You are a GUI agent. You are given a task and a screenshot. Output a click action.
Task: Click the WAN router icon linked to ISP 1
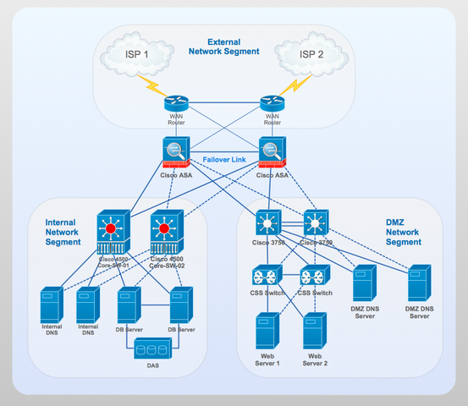[176, 104]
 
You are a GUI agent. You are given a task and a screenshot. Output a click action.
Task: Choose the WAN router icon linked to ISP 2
[273, 104]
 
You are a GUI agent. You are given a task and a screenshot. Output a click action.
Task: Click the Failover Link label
[224, 159]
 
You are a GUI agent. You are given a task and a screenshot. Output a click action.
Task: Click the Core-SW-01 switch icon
[111, 233]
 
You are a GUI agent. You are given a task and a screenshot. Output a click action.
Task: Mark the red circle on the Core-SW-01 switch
[111, 228]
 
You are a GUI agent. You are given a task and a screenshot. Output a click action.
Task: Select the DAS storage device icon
[152, 349]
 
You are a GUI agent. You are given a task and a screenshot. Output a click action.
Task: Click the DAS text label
[152, 365]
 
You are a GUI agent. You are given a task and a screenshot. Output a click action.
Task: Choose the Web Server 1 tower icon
[267, 332]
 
